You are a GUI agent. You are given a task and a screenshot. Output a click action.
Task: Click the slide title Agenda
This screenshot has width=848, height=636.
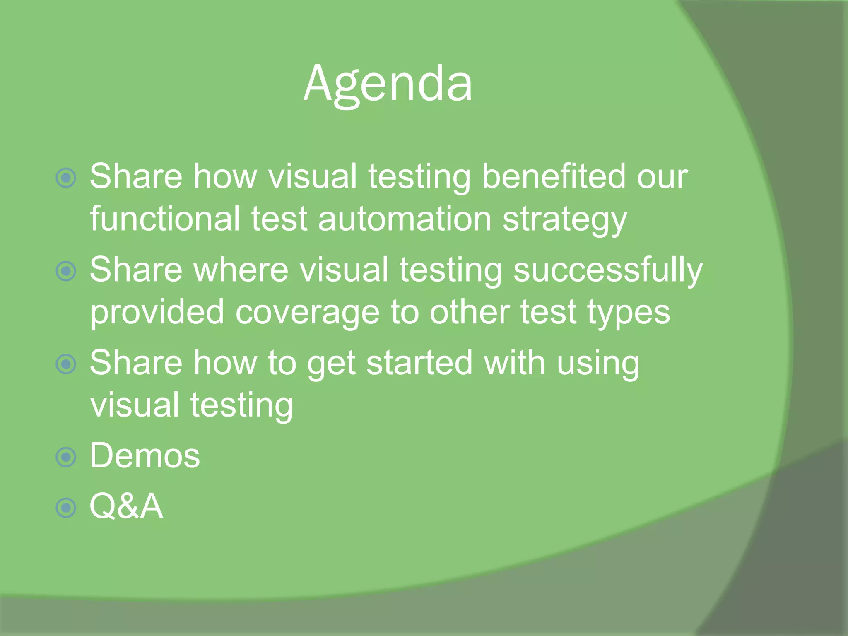pos(388,84)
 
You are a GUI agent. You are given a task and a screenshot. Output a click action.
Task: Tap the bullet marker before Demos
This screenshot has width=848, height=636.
pos(66,457)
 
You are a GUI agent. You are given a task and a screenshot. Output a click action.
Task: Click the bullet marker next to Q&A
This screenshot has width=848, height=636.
pos(66,508)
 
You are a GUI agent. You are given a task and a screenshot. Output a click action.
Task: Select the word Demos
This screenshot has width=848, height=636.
pos(145,456)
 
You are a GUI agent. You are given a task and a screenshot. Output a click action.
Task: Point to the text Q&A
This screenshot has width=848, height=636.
pos(126,506)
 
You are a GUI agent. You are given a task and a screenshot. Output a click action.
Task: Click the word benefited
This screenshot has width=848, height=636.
pos(554,176)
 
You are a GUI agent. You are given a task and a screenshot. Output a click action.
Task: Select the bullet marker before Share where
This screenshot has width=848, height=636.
pos(66,271)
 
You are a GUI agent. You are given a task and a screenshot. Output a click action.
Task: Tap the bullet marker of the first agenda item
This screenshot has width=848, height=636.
pos(66,178)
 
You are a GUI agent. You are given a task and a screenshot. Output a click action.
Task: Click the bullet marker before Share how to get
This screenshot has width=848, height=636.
pos(66,364)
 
